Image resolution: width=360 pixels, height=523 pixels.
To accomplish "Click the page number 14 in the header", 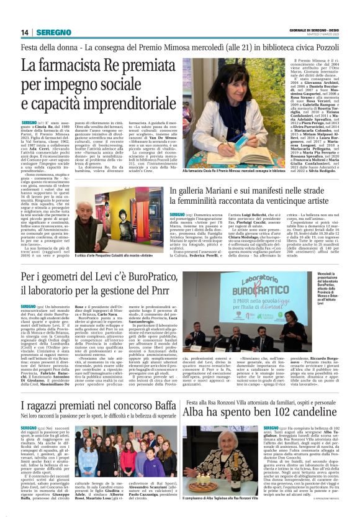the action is point(25,33).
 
